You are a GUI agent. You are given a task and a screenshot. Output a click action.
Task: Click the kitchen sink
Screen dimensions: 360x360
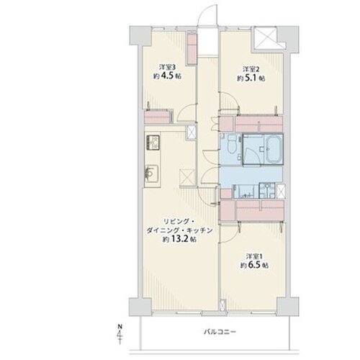point(151,173)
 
